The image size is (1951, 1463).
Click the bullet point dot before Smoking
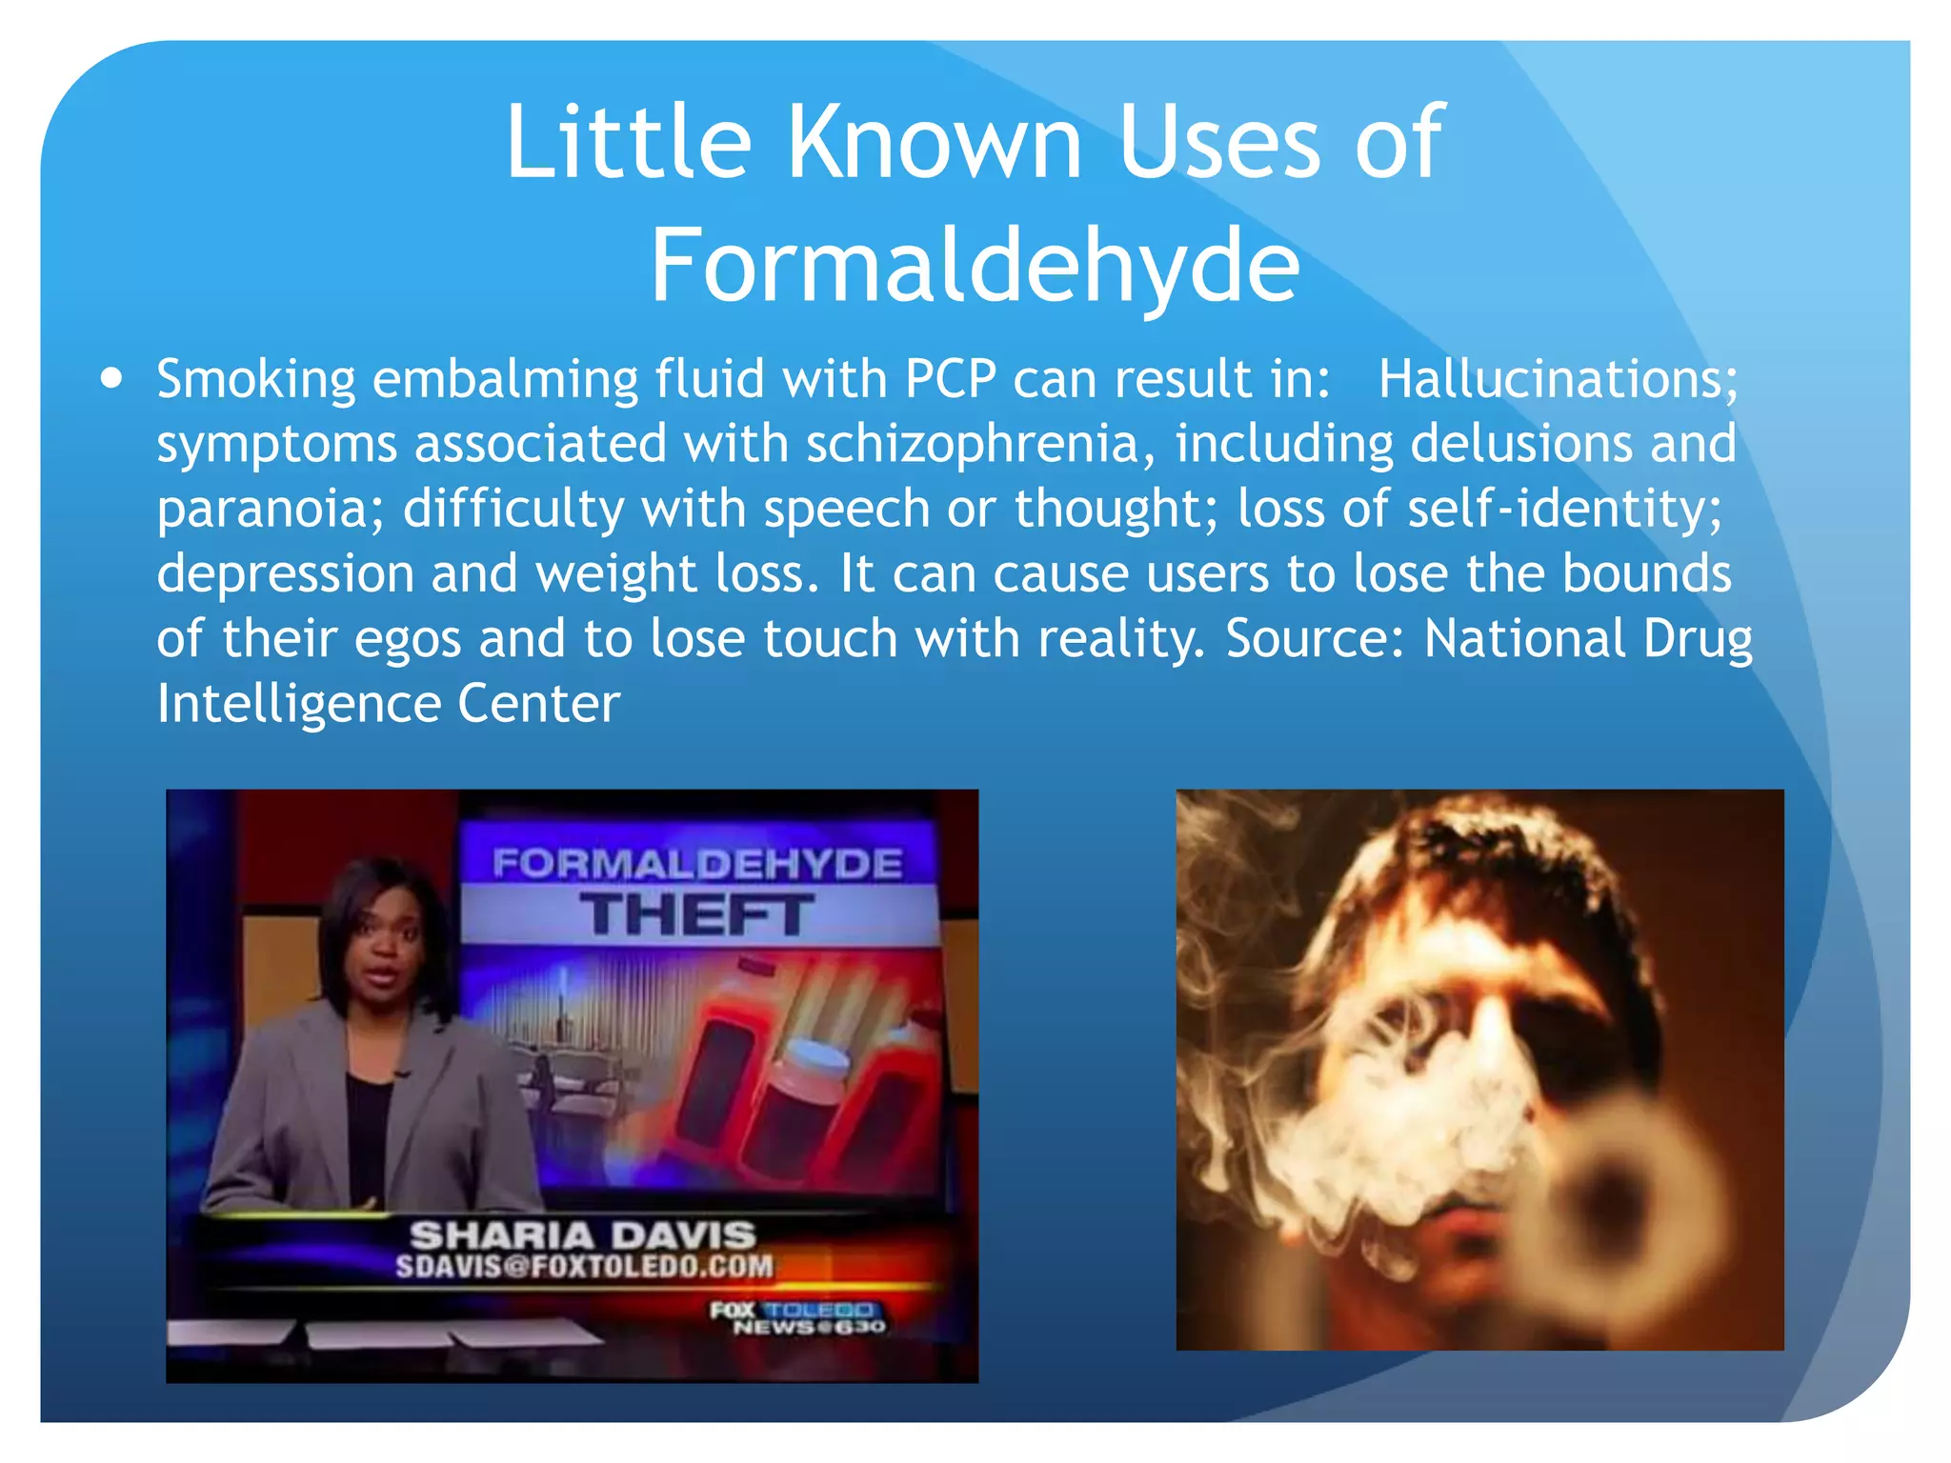(112, 379)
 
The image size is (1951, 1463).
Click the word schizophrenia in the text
(972, 444)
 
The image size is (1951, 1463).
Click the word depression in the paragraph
(285, 573)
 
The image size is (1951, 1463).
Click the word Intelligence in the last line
(298, 703)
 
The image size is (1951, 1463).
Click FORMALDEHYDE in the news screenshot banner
(697, 864)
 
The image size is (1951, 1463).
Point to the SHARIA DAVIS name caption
(583, 1235)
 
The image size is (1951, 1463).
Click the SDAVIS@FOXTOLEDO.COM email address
(584, 1266)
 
